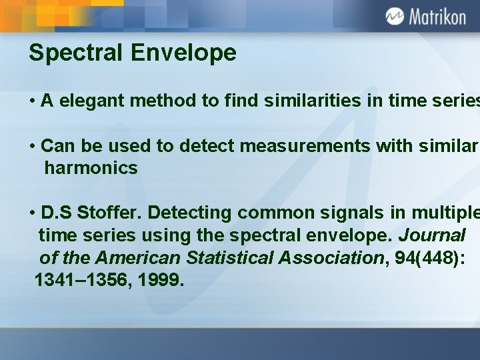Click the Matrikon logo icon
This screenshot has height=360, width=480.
(x=394, y=16)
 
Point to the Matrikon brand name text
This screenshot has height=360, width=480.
(x=437, y=17)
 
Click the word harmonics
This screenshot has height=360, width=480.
(x=91, y=167)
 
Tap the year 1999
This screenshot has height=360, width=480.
(x=159, y=281)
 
